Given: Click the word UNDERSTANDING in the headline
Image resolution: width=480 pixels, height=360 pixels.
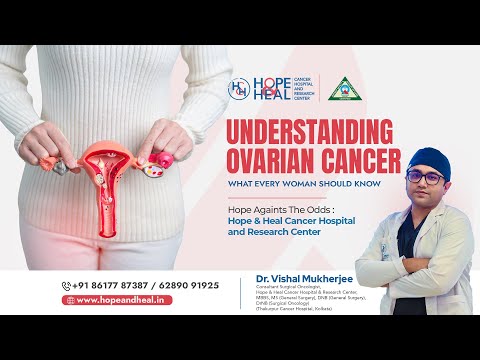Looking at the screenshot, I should (314, 134).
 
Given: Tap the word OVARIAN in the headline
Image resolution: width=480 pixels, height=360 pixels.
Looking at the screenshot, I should (272, 160).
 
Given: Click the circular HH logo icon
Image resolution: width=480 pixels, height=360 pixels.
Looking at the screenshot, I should (240, 88).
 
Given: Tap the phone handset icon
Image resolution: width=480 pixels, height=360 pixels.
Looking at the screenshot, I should (67, 286).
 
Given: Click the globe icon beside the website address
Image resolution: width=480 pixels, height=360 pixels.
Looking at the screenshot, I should (70, 300).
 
